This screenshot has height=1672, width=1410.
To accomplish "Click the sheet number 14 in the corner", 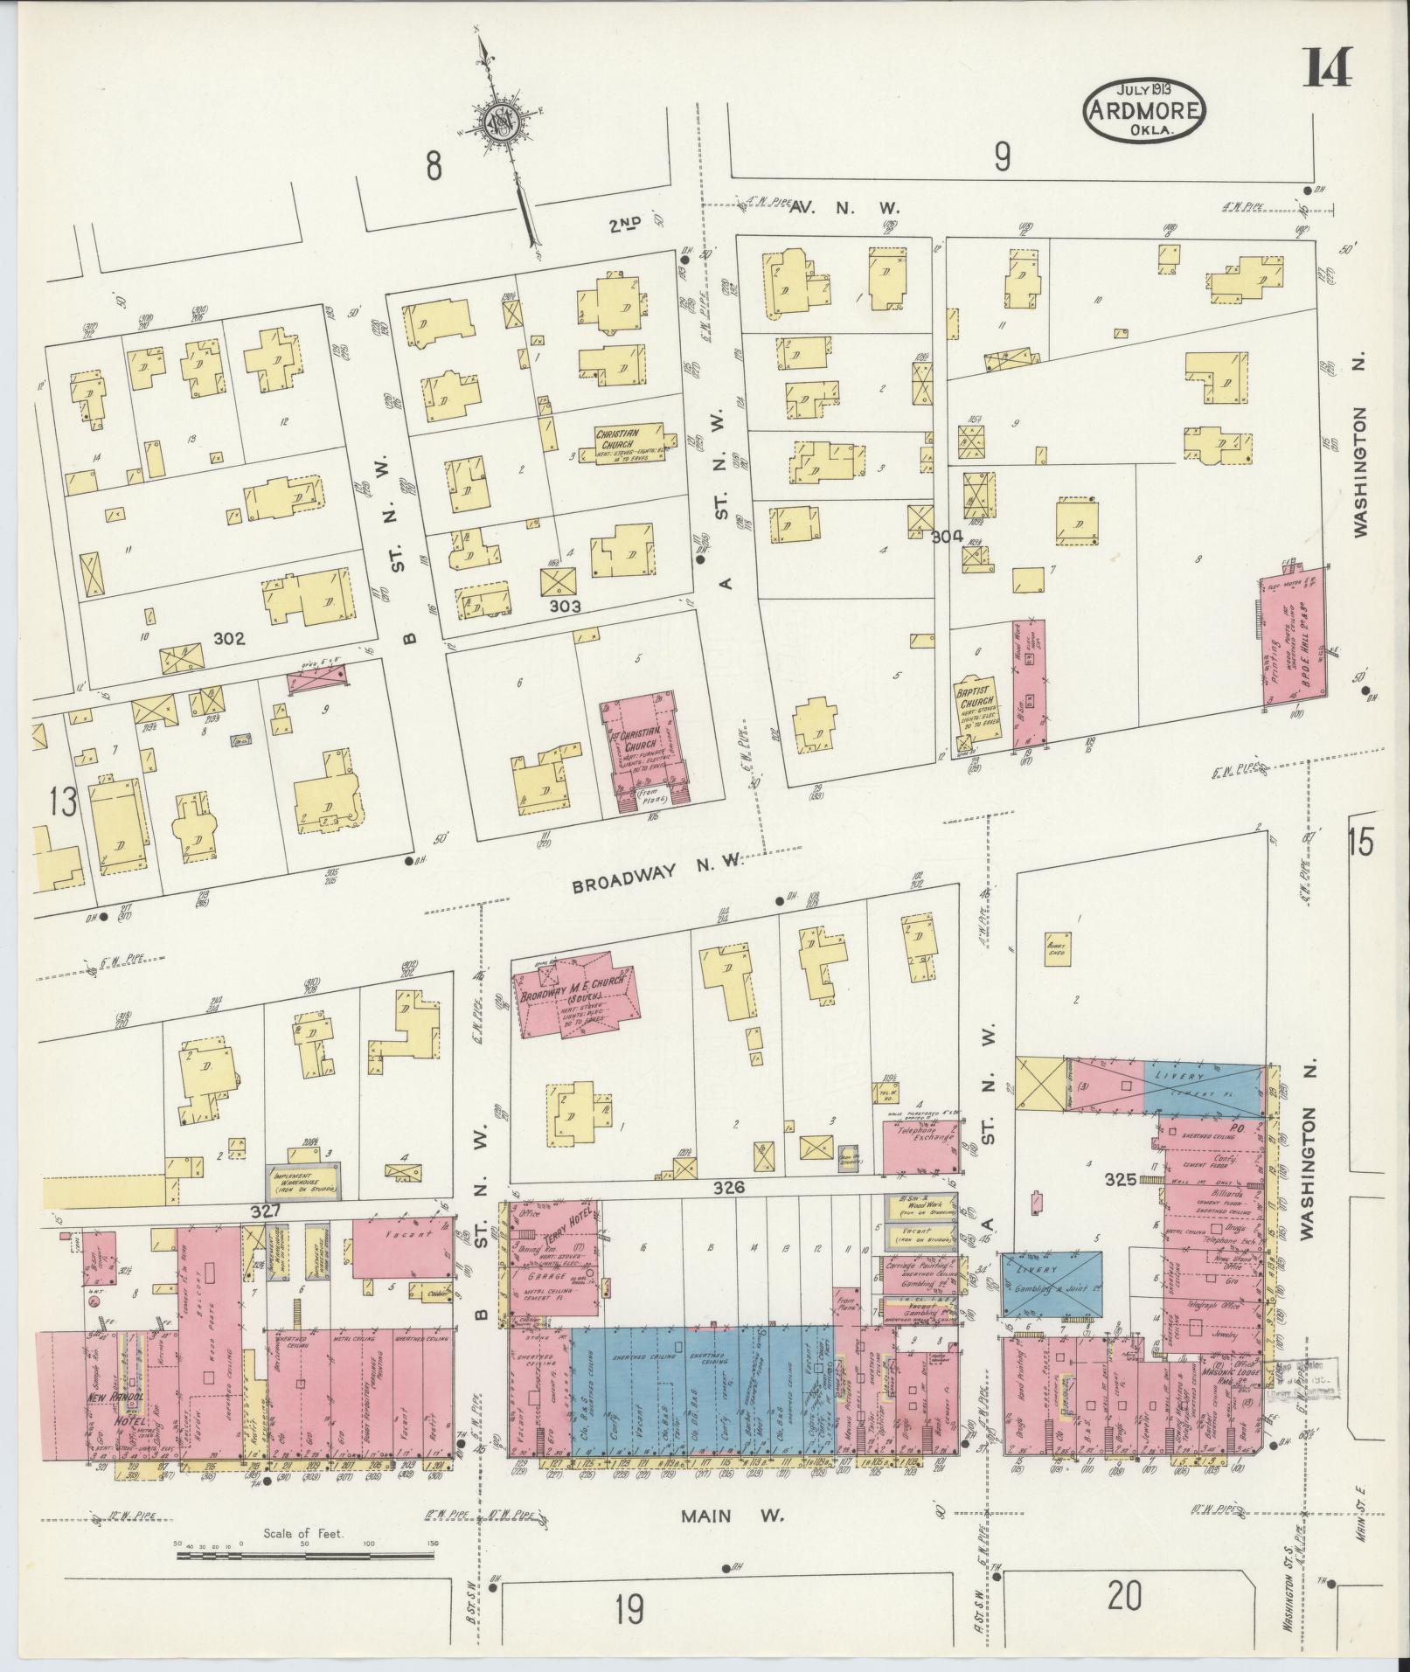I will tap(1328, 68).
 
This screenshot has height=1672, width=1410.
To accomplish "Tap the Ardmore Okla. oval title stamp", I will tap(1143, 109).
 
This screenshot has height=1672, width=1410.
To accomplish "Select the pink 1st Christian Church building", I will tap(643, 745).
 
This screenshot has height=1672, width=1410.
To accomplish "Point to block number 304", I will tap(946, 536).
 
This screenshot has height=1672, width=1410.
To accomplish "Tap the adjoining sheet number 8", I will tap(433, 166).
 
